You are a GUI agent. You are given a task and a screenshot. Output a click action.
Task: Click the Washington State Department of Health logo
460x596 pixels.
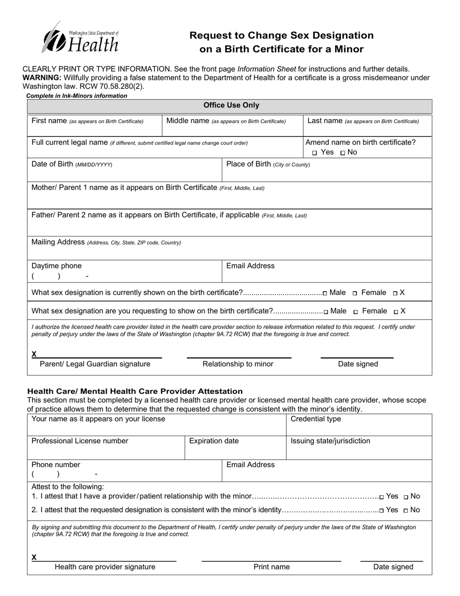click(x=80, y=38)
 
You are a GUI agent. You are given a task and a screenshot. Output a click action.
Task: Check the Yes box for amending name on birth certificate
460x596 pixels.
click(x=315, y=153)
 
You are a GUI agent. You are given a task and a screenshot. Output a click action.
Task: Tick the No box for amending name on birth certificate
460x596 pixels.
click(x=343, y=153)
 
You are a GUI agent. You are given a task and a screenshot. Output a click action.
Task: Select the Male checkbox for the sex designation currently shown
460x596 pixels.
click(x=325, y=293)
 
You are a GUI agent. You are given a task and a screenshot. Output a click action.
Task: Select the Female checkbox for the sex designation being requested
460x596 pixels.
click(x=356, y=312)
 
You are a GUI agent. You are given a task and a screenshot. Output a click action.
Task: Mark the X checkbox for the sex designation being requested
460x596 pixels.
click(x=396, y=312)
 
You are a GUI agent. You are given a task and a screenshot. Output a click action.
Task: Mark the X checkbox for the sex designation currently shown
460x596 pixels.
click(x=395, y=293)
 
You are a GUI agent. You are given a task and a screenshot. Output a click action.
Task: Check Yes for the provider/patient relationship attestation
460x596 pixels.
click(x=382, y=497)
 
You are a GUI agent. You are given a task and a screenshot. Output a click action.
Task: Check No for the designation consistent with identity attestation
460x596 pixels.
click(x=406, y=510)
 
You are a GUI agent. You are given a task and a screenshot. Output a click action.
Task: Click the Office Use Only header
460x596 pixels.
click(x=231, y=105)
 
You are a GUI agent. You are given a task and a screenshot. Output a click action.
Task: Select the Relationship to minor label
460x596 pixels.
click(x=238, y=364)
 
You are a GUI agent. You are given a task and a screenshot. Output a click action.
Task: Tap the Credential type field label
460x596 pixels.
click(x=315, y=419)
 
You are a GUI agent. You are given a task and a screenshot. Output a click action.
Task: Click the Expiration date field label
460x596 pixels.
click(x=214, y=441)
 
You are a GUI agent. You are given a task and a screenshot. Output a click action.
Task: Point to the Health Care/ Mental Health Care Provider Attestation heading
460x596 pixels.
click(x=135, y=391)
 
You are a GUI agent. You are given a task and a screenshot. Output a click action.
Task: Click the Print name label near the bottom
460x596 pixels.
click(x=272, y=567)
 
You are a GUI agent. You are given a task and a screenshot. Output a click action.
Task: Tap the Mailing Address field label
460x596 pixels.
click(x=58, y=242)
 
